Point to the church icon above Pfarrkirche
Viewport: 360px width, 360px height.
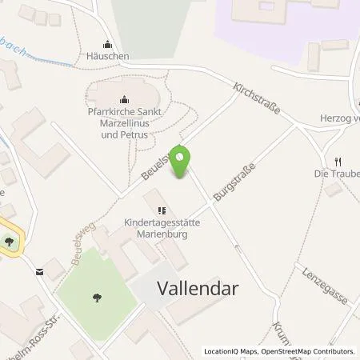124,99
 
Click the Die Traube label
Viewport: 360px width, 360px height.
337,173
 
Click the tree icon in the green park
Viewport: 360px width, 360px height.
97,298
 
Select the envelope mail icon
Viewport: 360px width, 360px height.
39,272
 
